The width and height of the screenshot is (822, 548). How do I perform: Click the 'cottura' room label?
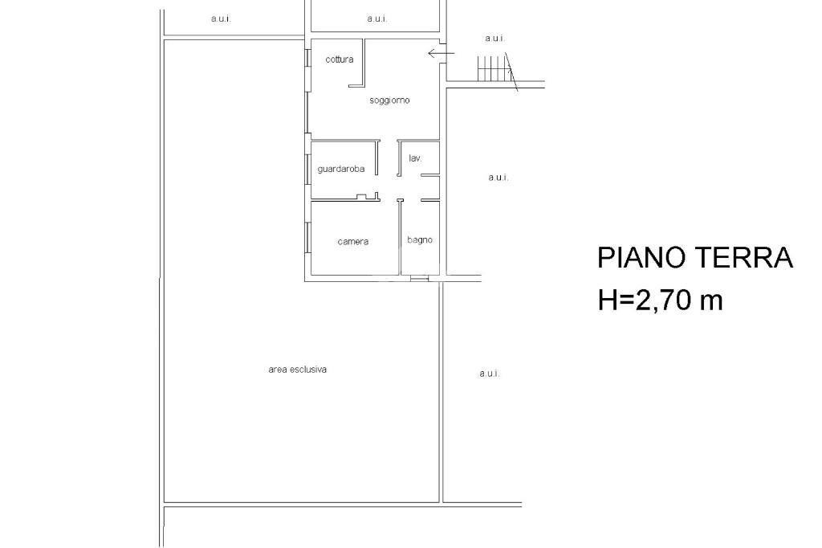[x=340, y=59]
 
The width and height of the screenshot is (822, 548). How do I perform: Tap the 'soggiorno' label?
[x=389, y=100]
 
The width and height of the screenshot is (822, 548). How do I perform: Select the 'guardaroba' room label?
[x=340, y=169]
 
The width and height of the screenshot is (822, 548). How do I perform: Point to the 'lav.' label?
[x=415, y=158]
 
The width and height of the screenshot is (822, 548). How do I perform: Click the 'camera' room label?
[x=353, y=241]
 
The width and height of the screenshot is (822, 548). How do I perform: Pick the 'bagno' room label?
[x=420, y=240]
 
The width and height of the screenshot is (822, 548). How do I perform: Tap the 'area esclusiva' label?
[x=297, y=370]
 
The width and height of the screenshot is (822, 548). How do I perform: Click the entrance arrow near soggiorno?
[x=442, y=53]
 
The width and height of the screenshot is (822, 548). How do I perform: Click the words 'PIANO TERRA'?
[x=695, y=258]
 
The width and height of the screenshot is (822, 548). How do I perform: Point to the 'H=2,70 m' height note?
[x=660, y=301]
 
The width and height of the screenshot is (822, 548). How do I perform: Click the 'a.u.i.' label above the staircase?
[x=494, y=39]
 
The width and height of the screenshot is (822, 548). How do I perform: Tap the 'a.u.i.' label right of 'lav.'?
[x=498, y=178]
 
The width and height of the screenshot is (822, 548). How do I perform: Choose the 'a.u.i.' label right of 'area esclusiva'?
[x=489, y=374]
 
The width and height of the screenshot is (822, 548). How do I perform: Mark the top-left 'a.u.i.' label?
[x=221, y=19]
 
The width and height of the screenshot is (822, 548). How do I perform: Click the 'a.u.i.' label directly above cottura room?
[x=377, y=19]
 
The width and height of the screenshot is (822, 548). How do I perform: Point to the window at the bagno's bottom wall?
[x=419, y=278]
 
